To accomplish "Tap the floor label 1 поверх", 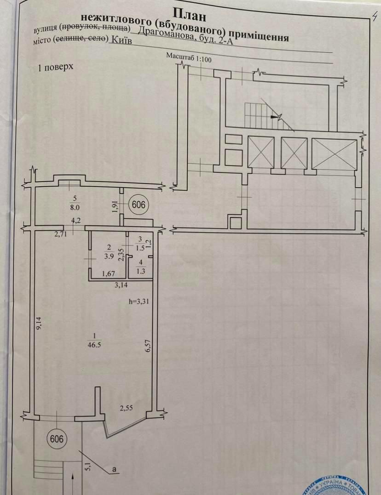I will pyautogui.click(x=56, y=68).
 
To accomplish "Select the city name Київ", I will pyautogui.click(x=121, y=40).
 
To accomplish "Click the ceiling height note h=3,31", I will pyautogui.click(x=139, y=302).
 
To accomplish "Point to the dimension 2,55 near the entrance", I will pyautogui.click(x=127, y=407).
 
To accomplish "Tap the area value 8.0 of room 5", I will pyautogui.click(x=75, y=207).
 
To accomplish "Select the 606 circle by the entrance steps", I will pyautogui.click(x=56, y=439).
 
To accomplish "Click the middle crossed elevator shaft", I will pyautogui.click(x=294, y=153).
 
